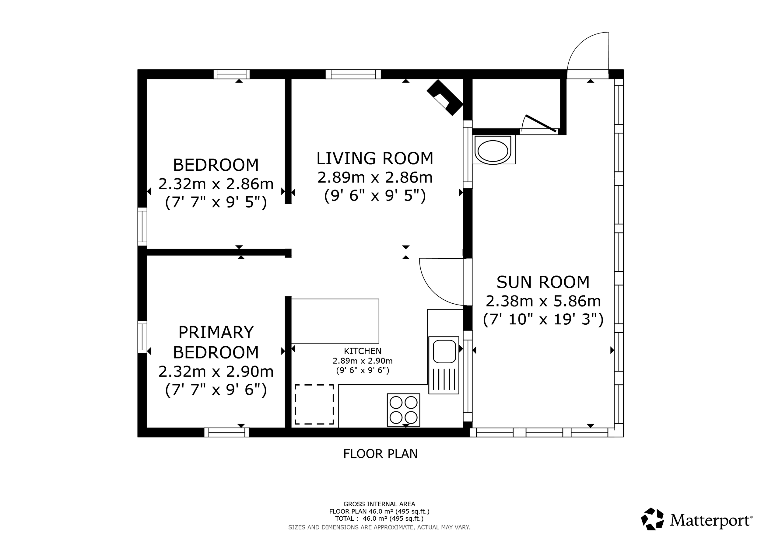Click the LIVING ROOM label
point(375,158)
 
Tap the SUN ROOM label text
point(543,282)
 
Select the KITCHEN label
point(363,351)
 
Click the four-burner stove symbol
point(403,410)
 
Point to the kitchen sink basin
point(444,351)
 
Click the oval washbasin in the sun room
point(493,151)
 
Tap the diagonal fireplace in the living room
point(444,97)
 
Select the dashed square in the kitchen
point(314,404)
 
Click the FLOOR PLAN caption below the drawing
point(380,453)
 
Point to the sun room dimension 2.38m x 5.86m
point(543,301)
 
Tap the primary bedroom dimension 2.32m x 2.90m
point(216,371)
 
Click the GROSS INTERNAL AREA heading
point(379,504)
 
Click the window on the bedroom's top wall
point(231,74)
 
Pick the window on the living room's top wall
point(353,74)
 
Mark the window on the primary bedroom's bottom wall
point(227,432)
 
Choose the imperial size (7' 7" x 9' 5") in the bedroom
point(216,202)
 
